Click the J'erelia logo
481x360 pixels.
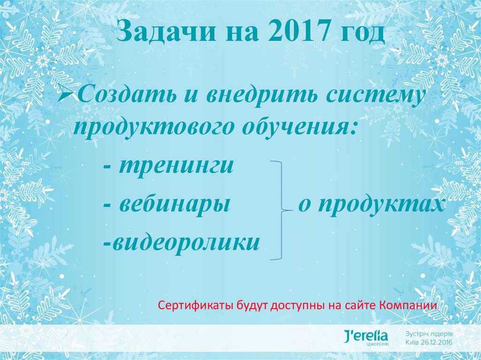[x=366, y=337]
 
